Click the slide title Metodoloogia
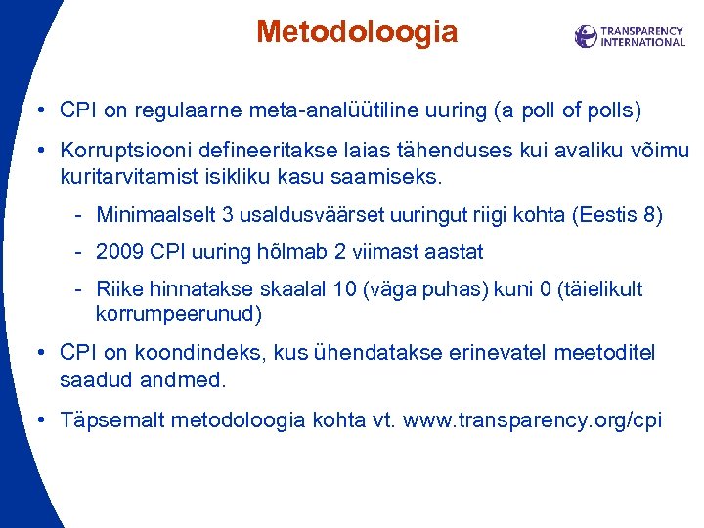point(356,32)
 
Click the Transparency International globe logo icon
point(586,37)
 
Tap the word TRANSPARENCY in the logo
point(641,31)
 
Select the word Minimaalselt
point(152,215)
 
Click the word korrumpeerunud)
point(179,315)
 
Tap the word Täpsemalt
point(110,420)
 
